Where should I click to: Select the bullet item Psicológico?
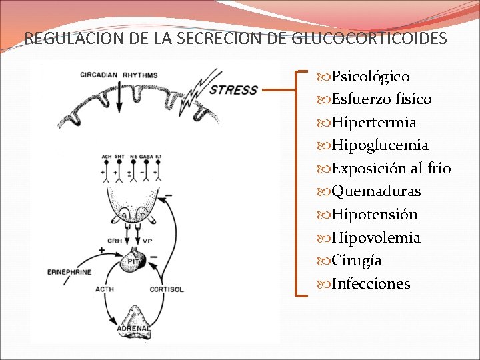(370, 77)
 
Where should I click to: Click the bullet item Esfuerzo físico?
(381, 99)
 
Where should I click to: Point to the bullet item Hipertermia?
(373, 123)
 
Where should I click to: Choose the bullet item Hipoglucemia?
(379, 145)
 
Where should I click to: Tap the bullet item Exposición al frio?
(391, 168)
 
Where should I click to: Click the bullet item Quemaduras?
(376, 191)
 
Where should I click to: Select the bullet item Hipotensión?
(374, 215)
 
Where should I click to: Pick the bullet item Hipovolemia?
(375, 238)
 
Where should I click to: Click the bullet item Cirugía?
(357, 261)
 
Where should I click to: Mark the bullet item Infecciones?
(371, 284)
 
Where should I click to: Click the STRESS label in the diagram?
(233, 89)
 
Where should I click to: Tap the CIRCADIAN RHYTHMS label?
(119, 75)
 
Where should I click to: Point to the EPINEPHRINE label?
(68, 272)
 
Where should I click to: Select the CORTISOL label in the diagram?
(167, 289)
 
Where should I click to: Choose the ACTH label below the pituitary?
(104, 289)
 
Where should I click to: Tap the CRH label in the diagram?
(115, 241)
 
